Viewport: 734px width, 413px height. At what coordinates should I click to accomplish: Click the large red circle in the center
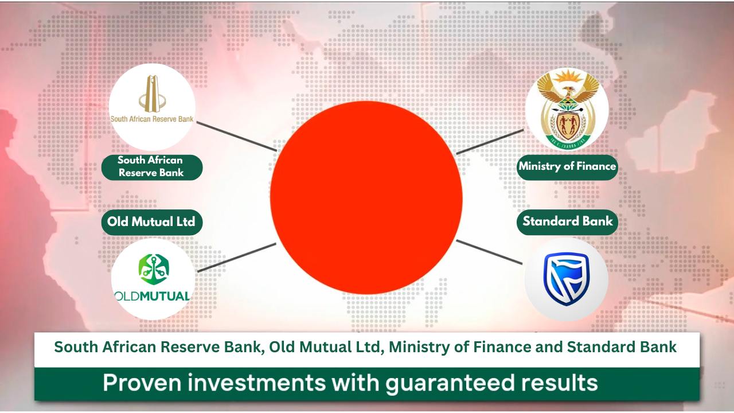366,197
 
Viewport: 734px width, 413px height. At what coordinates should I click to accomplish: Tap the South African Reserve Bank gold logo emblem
152,94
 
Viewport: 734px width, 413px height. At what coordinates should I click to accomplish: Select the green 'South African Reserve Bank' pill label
152,167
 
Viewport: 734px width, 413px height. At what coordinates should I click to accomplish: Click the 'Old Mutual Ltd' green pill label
152,222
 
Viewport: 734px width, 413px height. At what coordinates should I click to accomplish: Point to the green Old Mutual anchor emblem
154,270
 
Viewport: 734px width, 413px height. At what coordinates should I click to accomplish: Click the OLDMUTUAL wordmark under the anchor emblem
153,297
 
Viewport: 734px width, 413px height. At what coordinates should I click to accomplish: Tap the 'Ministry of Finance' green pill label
567,167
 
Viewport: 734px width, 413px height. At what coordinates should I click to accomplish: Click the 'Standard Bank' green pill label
567,222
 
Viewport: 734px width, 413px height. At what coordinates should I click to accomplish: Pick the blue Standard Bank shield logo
567,279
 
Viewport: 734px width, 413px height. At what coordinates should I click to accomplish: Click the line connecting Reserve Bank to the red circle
237,137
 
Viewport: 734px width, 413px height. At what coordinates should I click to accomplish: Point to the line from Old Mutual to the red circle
237,258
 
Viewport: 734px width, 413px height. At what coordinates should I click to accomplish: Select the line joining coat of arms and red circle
490,142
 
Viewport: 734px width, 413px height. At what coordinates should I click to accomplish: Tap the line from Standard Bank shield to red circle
489,252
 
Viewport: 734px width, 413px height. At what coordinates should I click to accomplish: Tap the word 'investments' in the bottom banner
256,383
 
